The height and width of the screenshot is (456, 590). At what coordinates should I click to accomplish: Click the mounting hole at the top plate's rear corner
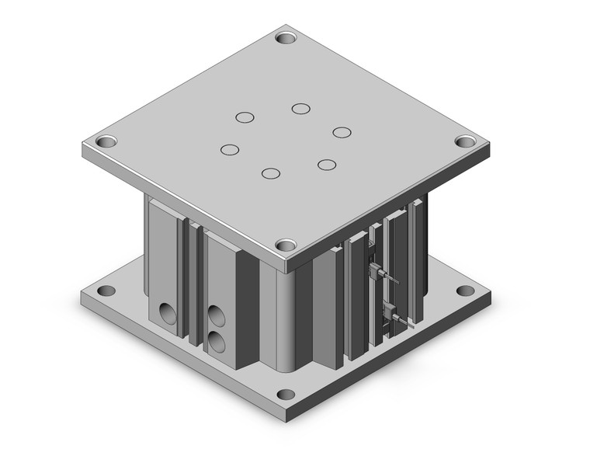287,37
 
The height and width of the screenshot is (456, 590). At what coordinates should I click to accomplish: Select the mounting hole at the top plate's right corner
464,142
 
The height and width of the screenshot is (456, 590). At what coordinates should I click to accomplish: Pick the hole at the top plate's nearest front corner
286,244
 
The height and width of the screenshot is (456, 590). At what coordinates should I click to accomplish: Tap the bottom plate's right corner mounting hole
465,291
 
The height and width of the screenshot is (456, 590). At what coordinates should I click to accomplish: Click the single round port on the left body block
168,312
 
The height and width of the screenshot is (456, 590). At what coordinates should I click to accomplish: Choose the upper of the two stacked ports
216,315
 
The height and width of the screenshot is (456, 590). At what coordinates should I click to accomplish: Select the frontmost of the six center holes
270,172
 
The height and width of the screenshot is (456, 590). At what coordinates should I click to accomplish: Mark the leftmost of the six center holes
229,149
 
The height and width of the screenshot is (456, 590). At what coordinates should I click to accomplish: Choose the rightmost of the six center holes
342,131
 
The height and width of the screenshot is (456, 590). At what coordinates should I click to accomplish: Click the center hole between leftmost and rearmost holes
245,117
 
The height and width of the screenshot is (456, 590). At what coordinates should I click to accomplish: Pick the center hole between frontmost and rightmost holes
327,165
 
